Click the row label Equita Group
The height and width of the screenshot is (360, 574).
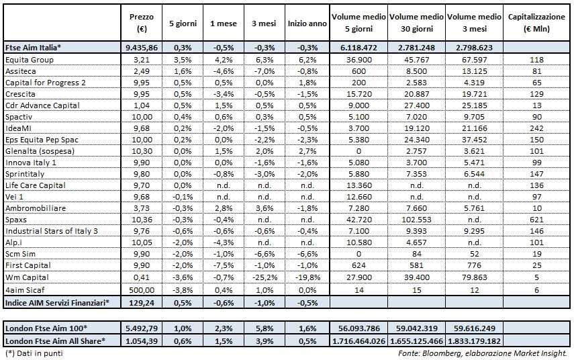[30, 60]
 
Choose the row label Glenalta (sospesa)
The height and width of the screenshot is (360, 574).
[41, 152]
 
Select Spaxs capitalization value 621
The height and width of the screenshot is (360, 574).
[536, 220]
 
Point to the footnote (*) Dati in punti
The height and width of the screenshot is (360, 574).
[33, 351]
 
